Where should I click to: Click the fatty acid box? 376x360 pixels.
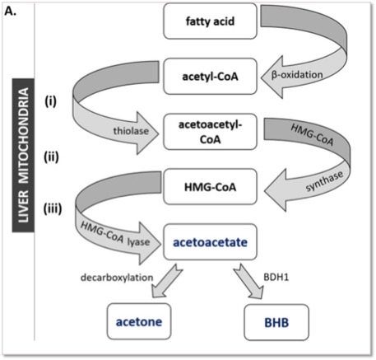pyautogui.click(x=210, y=21)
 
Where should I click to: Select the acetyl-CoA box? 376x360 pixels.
pyautogui.click(x=210, y=77)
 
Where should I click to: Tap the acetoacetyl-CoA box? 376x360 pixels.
pyautogui.click(x=210, y=132)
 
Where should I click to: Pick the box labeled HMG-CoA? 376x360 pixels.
pyautogui.click(x=210, y=187)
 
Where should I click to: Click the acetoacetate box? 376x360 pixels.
pyautogui.click(x=210, y=242)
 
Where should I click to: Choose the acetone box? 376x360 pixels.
pyautogui.click(x=139, y=321)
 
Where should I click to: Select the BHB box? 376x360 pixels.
pyautogui.click(x=276, y=322)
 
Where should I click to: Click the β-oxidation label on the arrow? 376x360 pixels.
pyautogui.click(x=297, y=75)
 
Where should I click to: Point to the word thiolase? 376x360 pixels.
pyautogui.click(x=131, y=131)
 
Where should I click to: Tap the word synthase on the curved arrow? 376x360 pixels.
pyautogui.click(x=324, y=181)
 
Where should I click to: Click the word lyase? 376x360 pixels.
pyautogui.click(x=139, y=242)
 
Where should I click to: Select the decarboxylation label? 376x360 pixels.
pyautogui.click(x=117, y=278)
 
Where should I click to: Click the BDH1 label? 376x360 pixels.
pyautogui.click(x=276, y=277)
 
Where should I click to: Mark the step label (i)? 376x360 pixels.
pyautogui.click(x=51, y=101)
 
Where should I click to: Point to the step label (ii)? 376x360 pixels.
pyautogui.click(x=51, y=157)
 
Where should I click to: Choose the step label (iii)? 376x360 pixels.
pyautogui.click(x=53, y=208)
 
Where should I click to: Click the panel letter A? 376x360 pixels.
pyautogui.click(x=11, y=12)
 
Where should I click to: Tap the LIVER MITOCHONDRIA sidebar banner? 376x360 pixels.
pyautogui.click(x=23, y=155)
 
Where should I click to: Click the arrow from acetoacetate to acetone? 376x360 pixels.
pyautogui.click(x=165, y=281)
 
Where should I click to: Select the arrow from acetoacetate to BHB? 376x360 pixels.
pyautogui.click(x=249, y=282)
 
